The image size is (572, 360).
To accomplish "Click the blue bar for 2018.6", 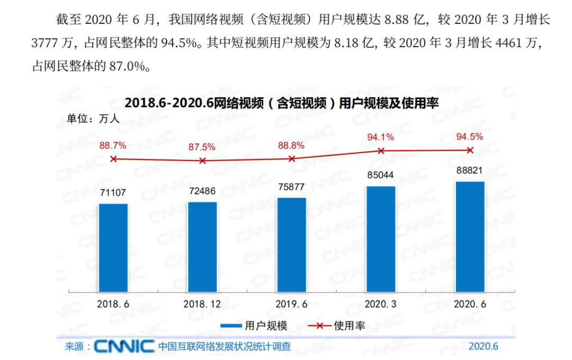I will (113, 247).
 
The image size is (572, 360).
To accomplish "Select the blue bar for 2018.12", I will (202, 247).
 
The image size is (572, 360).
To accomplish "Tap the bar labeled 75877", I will (291, 245).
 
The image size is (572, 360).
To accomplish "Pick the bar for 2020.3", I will (381, 239).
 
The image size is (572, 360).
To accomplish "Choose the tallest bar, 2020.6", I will (470, 237).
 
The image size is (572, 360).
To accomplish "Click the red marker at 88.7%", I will (113, 159).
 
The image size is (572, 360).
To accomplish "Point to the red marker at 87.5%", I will (202, 160).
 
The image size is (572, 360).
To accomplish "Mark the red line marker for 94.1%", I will (381, 150).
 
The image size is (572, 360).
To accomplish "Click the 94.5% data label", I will (470, 137).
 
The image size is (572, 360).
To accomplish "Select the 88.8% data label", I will (291, 146).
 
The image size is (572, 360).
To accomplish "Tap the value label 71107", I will (113, 193).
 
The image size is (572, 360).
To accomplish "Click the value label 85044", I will (381, 175).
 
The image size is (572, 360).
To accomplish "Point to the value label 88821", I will (470, 170).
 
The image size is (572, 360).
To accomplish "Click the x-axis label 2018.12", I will (202, 304).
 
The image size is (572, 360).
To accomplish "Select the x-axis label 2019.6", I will (291, 304).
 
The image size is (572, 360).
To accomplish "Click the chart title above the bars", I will (282, 103).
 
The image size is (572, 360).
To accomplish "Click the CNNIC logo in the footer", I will (124, 346).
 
